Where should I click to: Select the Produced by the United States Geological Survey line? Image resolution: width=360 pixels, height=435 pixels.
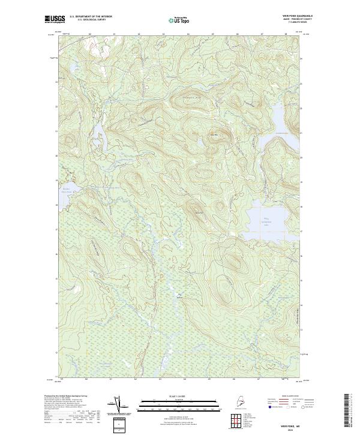click(x=65, y=396)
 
